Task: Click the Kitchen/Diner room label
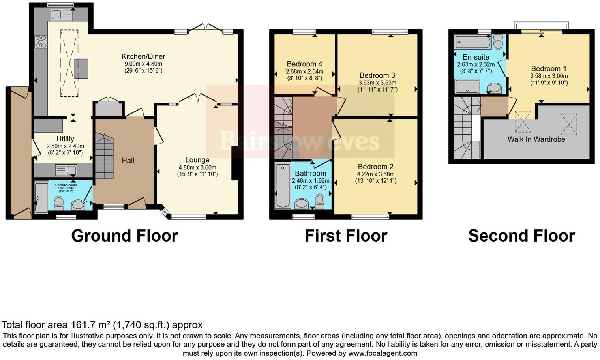pyautogui.click(x=143, y=56)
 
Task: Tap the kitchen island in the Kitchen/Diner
pyautogui.click(x=81, y=68)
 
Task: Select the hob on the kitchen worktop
pyautogui.click(x=41, y=41)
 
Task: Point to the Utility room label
pyautogui.click(x=65, y=139)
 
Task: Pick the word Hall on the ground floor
pyautogui.click(x=128, y=160)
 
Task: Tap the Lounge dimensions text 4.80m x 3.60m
pyautogui.click(x=197, y=167)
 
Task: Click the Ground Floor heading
pyautogui.click(x=124, y=236)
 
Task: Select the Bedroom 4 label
pyautogui.click(x=304, y=64)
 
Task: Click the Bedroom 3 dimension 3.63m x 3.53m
pyautogui.click(x=377, y=82)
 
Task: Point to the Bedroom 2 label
pyautogui.click(x=375, y=167)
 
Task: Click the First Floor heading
pyautogui.click(x=346, y=236)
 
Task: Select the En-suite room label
pyautogui.click(x=476, y=57)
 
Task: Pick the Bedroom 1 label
pyautogui.click(x=549, y=69)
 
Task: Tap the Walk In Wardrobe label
pyautogui.click(x=536, y=139)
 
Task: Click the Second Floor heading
pyautogui.click(x=521, y=236)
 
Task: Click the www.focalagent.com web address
pyautogui.click(x=382, y=353)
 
